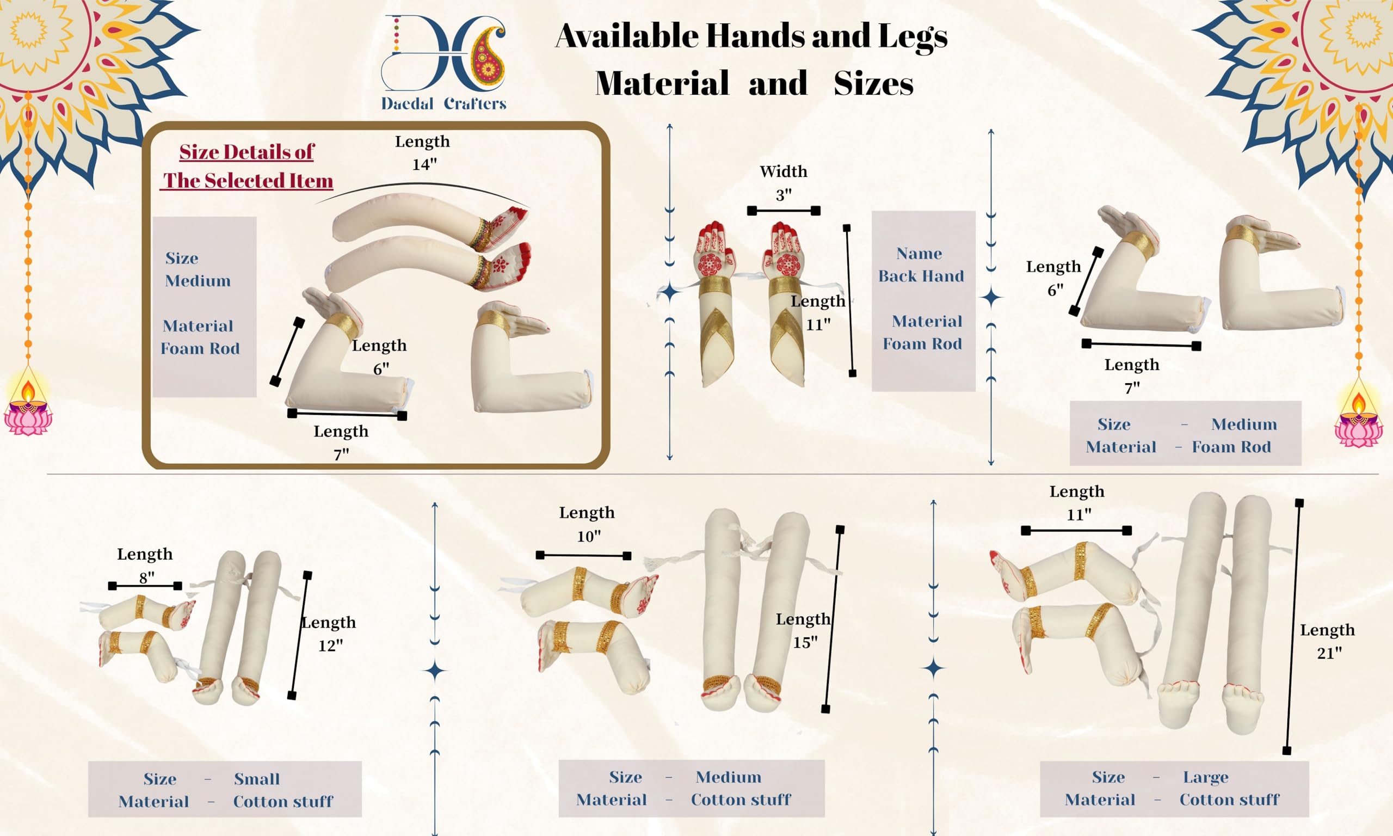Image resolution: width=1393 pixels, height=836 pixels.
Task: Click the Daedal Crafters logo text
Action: (443, 103)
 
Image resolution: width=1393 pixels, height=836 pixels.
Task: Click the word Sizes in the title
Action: (873, 84)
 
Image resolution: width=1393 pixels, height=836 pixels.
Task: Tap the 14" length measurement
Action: (424, 164)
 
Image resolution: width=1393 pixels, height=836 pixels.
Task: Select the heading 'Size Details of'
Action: (246, 152)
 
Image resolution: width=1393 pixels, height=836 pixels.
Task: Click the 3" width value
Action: (783, 195)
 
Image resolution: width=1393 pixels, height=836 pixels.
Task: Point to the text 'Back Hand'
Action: (921, 276)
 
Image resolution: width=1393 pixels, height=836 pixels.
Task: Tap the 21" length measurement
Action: (1329, 653)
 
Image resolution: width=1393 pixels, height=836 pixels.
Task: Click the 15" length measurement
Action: (805, 642)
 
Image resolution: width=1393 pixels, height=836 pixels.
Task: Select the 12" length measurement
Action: (330, 646)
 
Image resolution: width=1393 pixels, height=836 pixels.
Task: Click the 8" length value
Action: (146, 577)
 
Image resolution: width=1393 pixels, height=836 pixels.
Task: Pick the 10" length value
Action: (588, 536)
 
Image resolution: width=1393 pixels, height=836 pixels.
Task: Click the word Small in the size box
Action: (257, 778)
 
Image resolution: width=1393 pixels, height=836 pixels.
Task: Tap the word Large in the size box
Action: (1205, 777)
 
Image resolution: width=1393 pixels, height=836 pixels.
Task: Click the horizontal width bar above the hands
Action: (783, 211)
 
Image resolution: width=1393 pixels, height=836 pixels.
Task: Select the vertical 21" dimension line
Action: (1293, 625)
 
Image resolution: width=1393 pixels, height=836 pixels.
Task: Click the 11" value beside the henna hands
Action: (817, 324)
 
